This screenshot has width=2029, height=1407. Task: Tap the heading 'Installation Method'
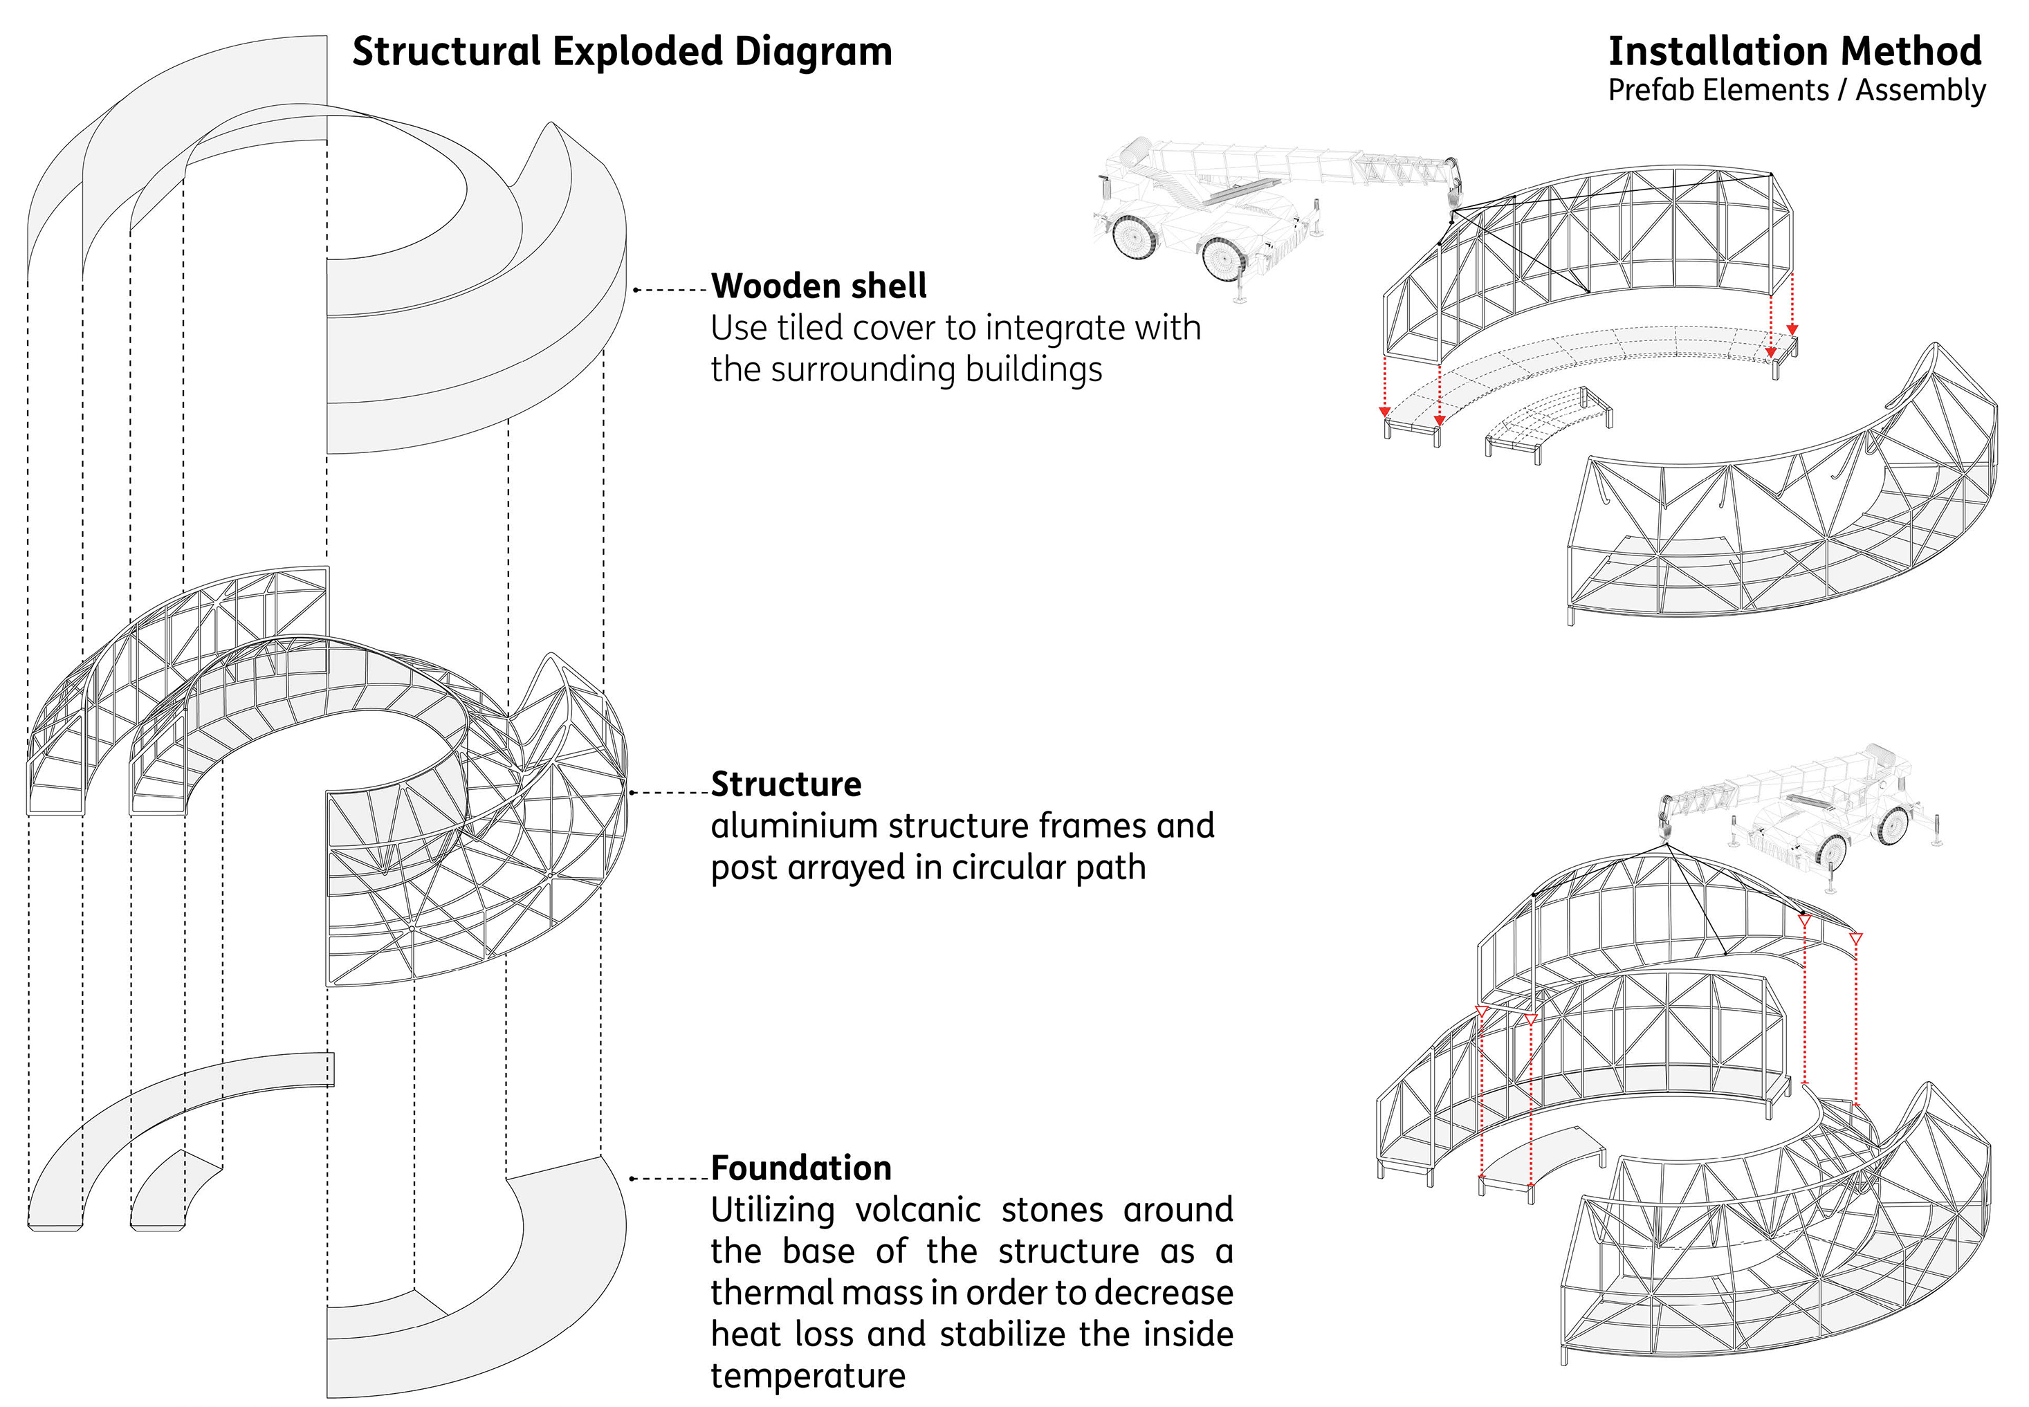(1794, 51)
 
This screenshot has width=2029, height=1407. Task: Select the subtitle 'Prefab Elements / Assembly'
(1797, 91)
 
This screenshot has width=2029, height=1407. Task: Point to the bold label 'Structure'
(785, 784)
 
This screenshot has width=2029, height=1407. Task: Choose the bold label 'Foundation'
(800, 1168)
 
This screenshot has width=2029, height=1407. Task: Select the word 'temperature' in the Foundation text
(807, 1375)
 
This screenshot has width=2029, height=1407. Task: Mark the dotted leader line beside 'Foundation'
(670, 1179)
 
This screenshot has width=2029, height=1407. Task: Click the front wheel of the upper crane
(1222, 258)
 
